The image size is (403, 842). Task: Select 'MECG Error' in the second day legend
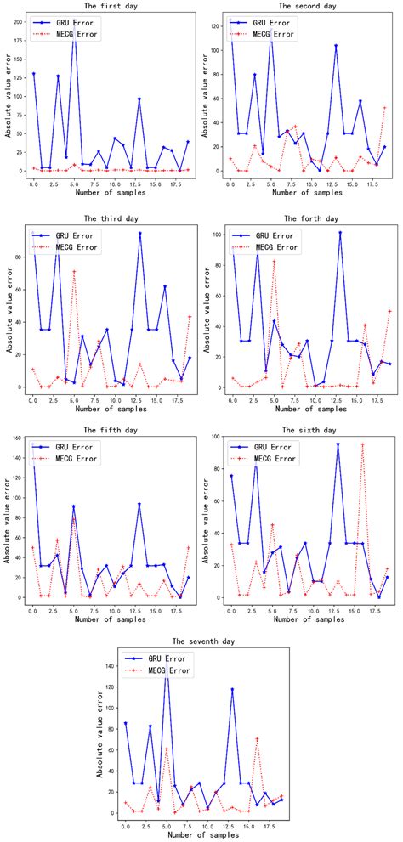click(x=271, y=35)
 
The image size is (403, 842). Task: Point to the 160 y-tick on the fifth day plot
click(x=18, y=440)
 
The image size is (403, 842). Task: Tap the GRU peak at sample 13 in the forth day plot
click(x=340, y=232)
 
